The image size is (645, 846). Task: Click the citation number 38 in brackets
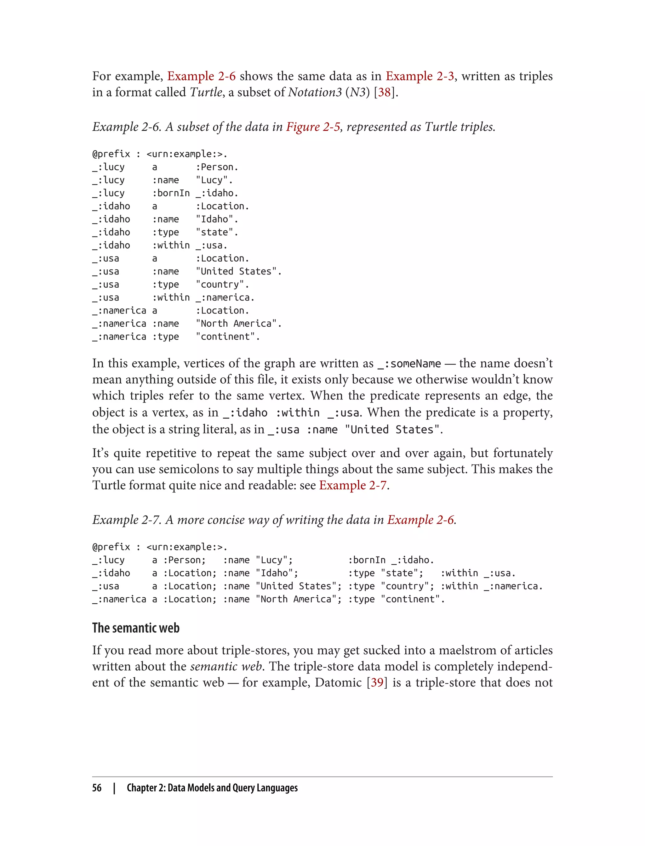pyautogui.click(x=384, y=93)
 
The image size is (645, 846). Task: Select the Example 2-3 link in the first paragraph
pyautogui.click(x=420, y=76)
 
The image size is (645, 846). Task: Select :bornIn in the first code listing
pyautogui.click(x=171, y=193)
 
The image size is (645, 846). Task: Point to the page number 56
pyautogui.click(x=97, y=788)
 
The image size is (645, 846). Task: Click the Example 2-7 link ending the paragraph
pyautogui.click(x=352, y=485)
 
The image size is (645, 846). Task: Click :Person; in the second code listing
pyautogui.click(x=184, y=560)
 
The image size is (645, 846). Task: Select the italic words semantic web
pyautogui.click(x=226, y=666)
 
